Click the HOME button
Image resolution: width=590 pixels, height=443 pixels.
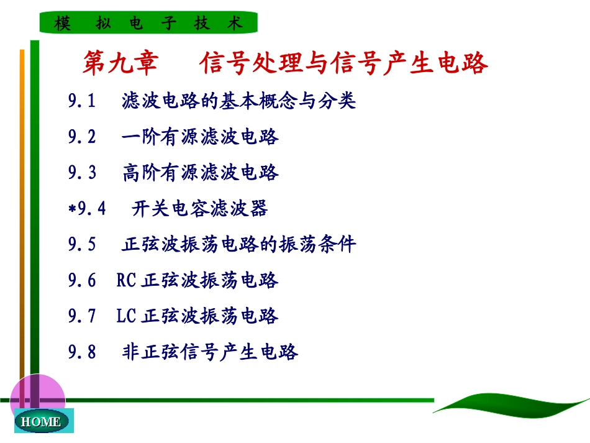pos(40,421)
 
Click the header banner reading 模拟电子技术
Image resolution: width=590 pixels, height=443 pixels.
pos(148,24)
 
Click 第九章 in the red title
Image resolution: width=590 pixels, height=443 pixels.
pos(120,63)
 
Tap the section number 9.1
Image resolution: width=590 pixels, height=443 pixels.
pos(83,101)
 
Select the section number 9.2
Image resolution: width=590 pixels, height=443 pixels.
pos(83,137)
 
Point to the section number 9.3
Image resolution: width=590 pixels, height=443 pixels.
pos(83,173)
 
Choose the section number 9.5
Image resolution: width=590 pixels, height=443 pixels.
pos(83,245)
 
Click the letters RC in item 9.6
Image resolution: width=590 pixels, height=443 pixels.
pos(126,281)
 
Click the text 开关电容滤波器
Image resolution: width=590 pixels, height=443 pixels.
pos(200,209)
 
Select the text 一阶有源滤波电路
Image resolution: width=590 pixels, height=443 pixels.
pos(201,137)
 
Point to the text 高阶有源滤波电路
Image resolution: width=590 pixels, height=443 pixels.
pos(201,173)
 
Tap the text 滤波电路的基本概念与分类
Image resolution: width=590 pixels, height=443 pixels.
pos(239,101)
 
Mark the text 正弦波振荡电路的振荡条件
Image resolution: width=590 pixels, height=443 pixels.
pos(239,245)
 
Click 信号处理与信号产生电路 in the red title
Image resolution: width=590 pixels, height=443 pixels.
pos(344,63)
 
